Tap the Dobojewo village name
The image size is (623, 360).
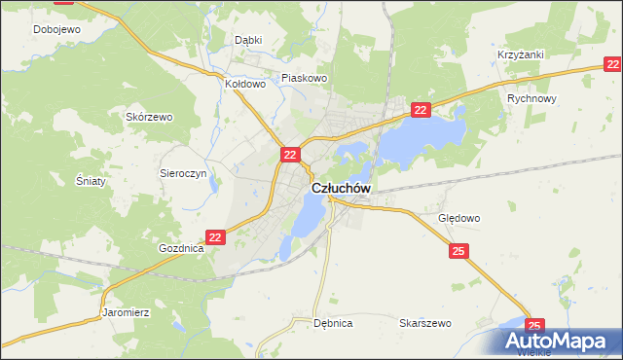point(56,29)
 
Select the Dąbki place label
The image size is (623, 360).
point(249,40)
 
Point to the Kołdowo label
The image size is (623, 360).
point(245,84)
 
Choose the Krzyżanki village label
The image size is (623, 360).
point(520,55)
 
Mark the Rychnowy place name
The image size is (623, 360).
point(532,99)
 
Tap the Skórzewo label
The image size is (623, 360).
point(149,117)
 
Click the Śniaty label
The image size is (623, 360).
point(90,181)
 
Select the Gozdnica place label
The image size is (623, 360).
point(181,248)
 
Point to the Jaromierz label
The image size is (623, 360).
point(126,313)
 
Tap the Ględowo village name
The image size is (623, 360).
point(459,218)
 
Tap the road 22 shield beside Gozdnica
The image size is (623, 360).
point(216,236)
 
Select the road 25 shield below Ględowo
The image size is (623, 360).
point(460,252)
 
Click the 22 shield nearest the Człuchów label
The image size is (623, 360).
point(290,155)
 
